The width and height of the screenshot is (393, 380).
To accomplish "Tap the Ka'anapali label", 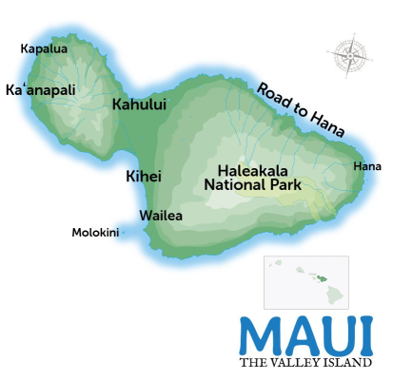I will point(41,90).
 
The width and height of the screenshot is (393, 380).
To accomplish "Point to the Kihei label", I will point(144,176).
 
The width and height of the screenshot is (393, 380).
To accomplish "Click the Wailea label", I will point(159,216).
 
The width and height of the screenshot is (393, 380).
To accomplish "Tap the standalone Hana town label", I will point(366,167).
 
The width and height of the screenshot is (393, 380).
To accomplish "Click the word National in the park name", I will point(236,187).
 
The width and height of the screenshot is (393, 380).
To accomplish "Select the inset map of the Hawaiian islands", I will point(305,282).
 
